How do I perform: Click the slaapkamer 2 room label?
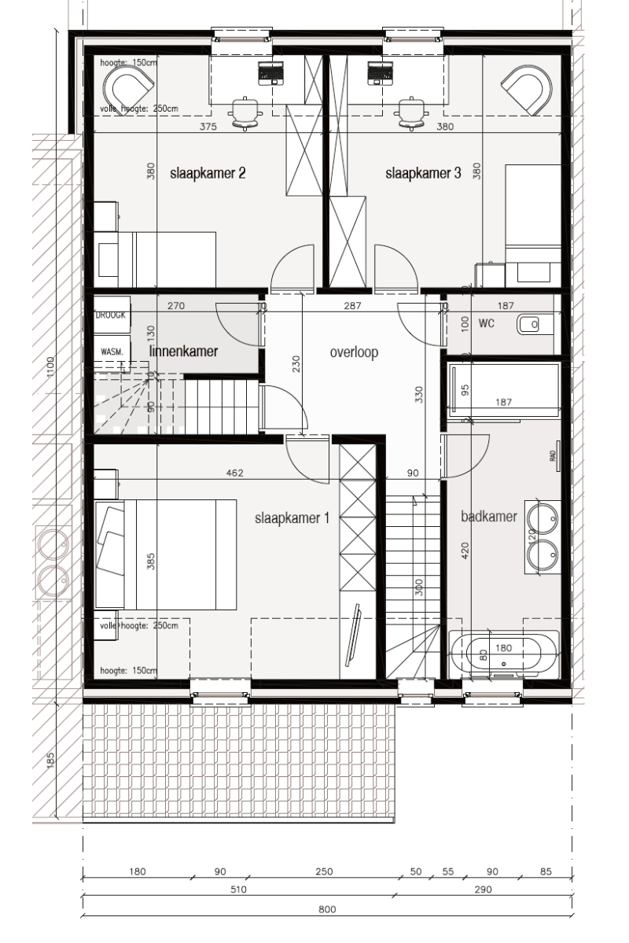pyautogui.click(x=208, y=174)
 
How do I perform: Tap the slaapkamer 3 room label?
pyautogui.click(x=423, y=174)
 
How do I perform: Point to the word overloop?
pyautogui.click(x=354, y=352)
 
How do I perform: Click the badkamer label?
pyautogui.click(x=488, y=517)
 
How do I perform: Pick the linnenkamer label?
pyautogui.click(x=183, y=352)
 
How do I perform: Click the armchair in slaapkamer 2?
pyautogui.click(x=130, y=86)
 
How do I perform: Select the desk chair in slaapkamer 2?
pyautogui.click(x=245, y=112)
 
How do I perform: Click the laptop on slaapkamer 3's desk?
pyautogui.click(x=380, y=74)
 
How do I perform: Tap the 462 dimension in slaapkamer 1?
pyautogui.click(x=234, y=473)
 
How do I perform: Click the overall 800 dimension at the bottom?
pyautogui.click(x=327, y=909)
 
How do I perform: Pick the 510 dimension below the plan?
pyautogui.click(x=238, y=890)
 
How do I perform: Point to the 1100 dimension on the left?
pyautogui.click(x=50, y=367)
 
